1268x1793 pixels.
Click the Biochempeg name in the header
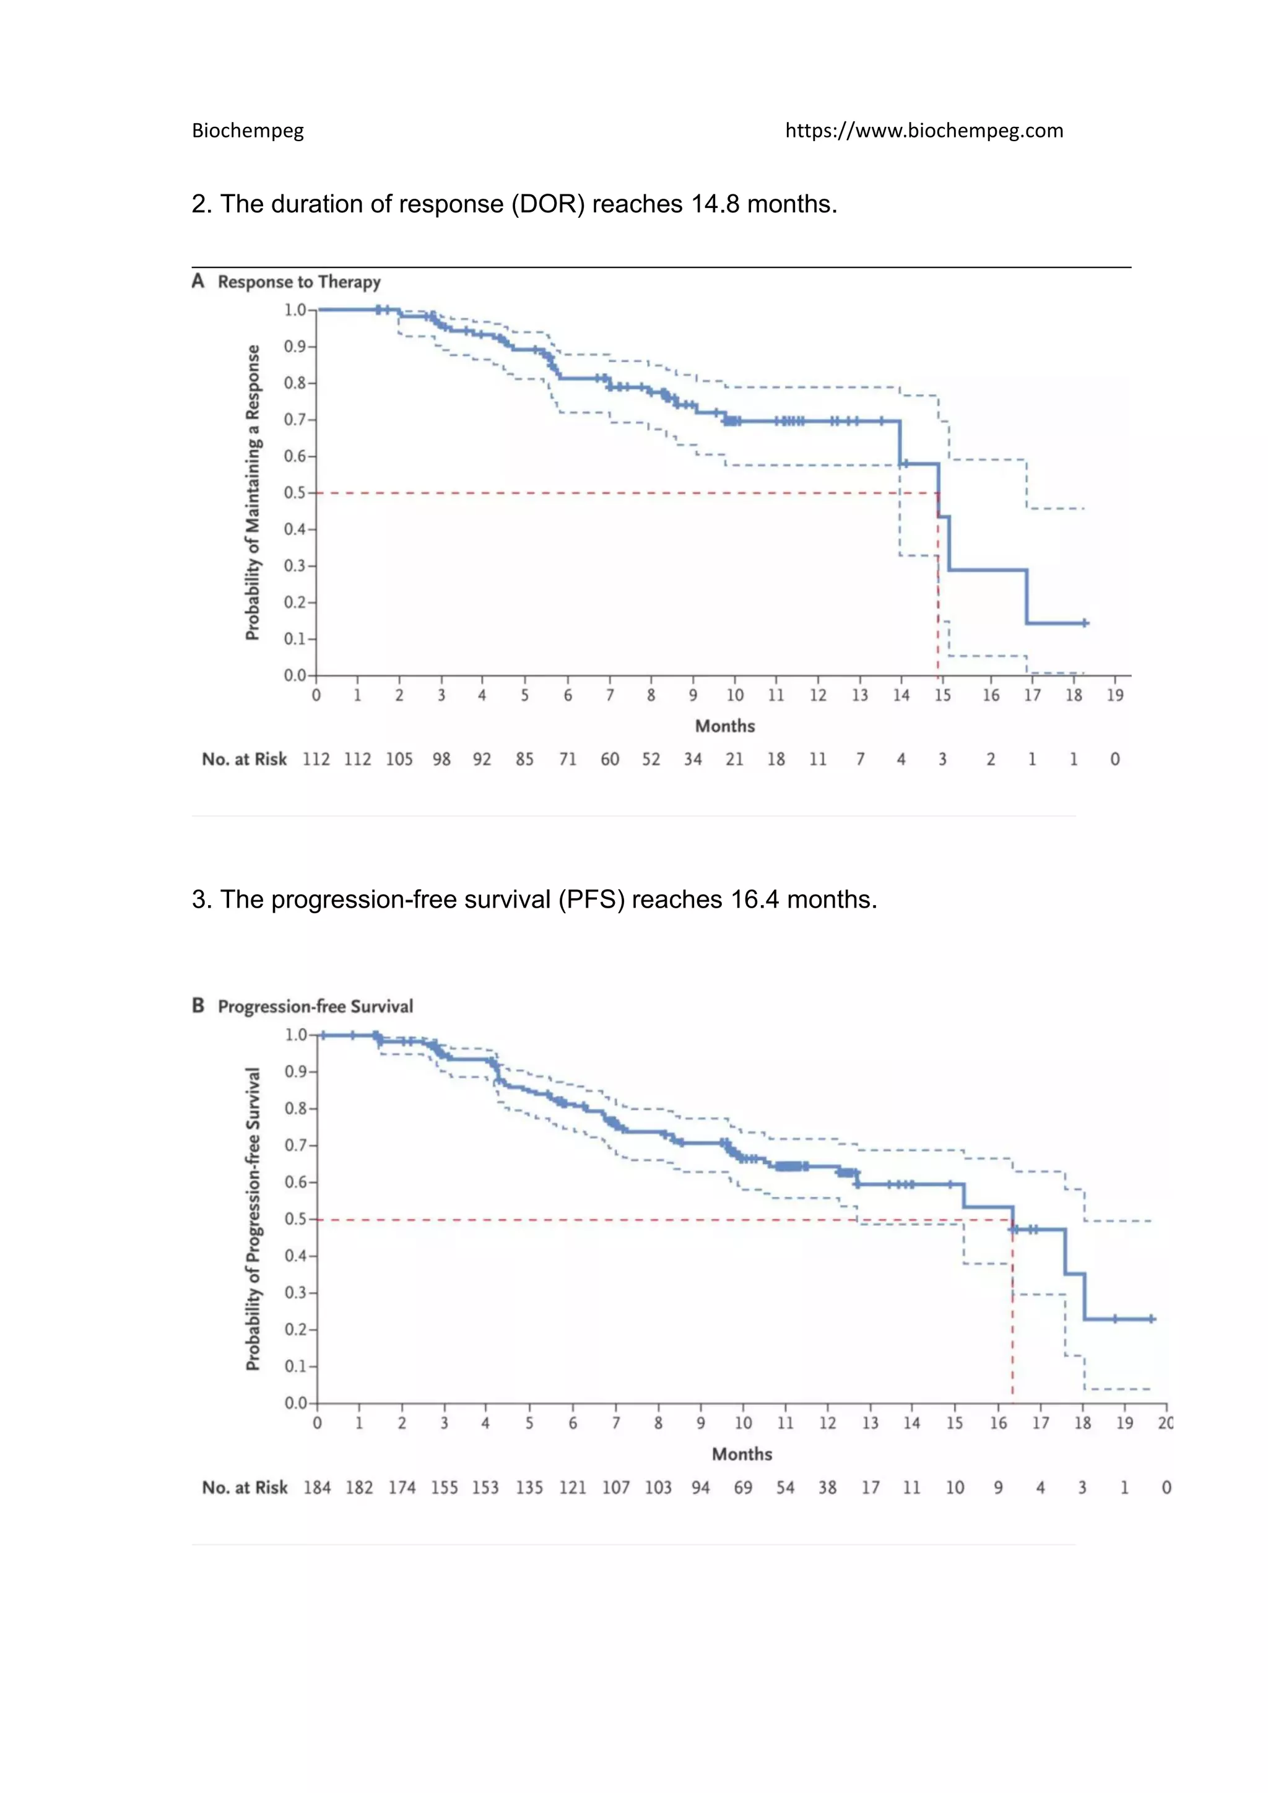click(x=248, y=131)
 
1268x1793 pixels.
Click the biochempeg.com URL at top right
click(x=924, y=131)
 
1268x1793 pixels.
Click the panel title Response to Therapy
click(x=299, y=282)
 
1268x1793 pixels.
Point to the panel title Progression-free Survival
click(x=315, y=1007)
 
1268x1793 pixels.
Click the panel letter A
click(x=198, y=281)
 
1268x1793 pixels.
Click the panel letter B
click(x=198, y=1006)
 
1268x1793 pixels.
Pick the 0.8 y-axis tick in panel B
click(x=295, y=1109)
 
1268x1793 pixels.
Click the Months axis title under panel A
click(x=726, y=726)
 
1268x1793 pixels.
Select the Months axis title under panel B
click(x=742, y=1454)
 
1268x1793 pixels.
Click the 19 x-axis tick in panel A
click(x=1115, y=695)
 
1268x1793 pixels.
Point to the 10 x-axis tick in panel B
click(x=744, y=1423)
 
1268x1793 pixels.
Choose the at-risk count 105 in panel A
click(x=399, y=759)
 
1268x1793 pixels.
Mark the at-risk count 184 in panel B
click(x=317, y=1488)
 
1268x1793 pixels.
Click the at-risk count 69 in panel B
click(x=744, y=1488)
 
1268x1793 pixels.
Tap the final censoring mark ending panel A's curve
click(x=1085, y=623)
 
